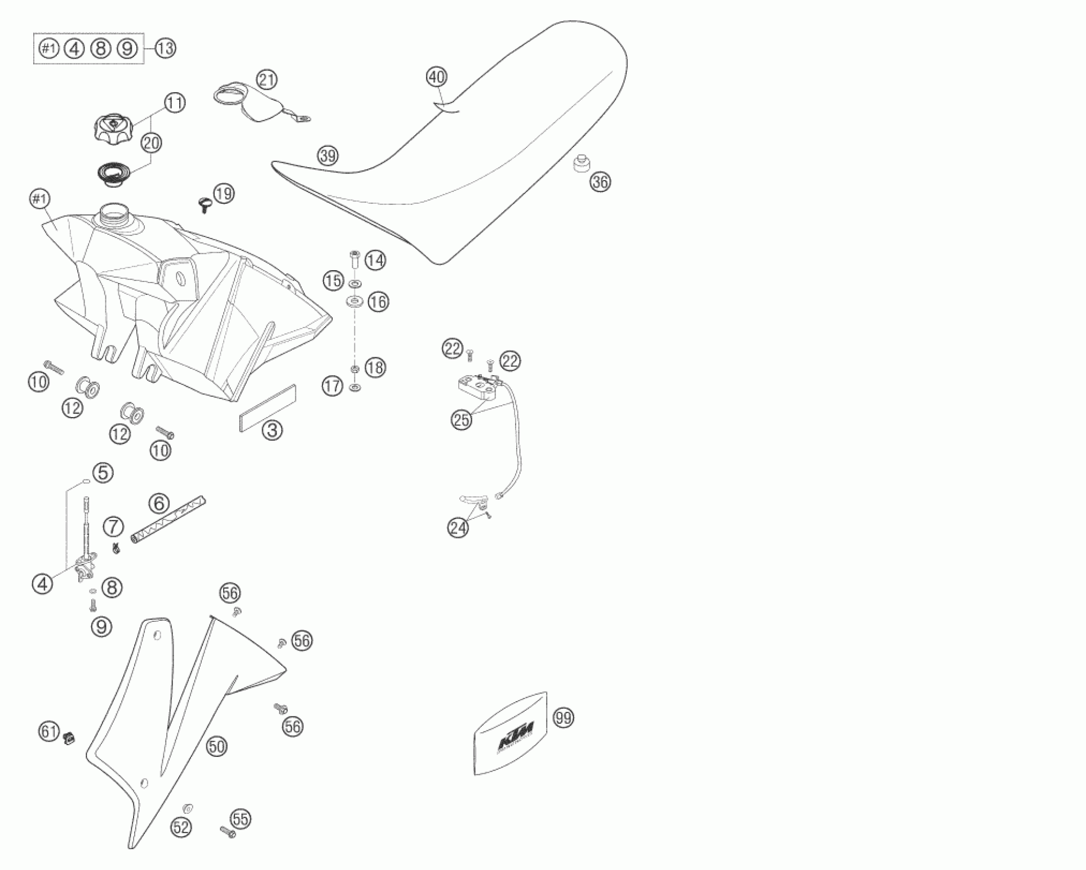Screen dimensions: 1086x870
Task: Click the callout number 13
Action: tap(165, 49)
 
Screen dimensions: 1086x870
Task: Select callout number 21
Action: tap(267, 80)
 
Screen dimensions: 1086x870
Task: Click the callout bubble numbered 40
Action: tap(436, 77)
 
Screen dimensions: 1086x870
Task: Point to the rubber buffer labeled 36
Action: tap(581, 164)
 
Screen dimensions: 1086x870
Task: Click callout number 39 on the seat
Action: tap(328, 155)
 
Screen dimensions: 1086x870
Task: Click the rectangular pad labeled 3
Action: tap(268, 408)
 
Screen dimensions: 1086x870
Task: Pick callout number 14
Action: tap(375, 260)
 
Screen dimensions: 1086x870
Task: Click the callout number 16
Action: tap(379, 302)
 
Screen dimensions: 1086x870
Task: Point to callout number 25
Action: tap(461, 420)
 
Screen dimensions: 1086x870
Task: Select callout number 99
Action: tap(564, 718)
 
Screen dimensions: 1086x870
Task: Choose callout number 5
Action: tap(103, 472)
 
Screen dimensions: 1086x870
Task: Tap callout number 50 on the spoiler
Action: tap(217, 747)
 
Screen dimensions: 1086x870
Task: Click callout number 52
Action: tap(181, 828)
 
